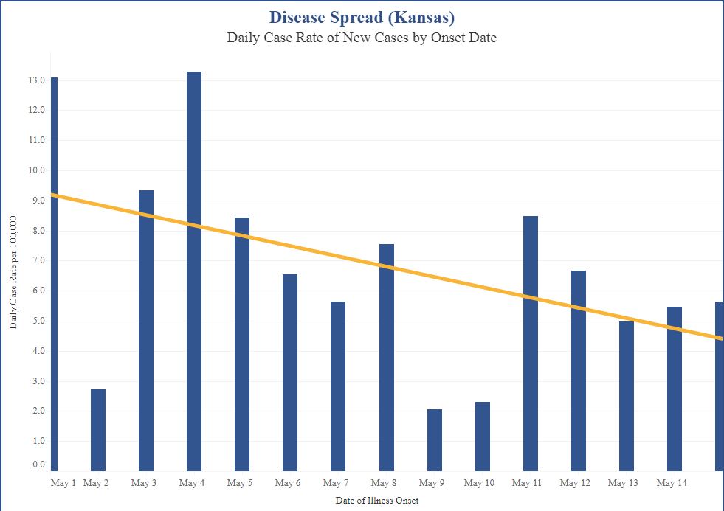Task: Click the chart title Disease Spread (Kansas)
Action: click(362, 17)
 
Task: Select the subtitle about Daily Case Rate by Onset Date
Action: click(362, 38)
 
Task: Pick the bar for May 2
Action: click(98, 431)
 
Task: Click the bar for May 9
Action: click(435, 440)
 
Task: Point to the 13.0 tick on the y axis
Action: click(38, 80)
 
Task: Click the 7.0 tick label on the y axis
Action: click(38, 261)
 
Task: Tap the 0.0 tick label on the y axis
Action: click(38, 465)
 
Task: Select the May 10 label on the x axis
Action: click(479, 484)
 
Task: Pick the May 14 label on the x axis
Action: click(671, 484)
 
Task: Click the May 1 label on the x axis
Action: click(63, 484)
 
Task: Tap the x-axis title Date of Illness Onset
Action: click(376, 501)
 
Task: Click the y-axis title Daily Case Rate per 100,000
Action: click(14, 273)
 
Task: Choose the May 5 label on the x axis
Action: click(239, 484)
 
